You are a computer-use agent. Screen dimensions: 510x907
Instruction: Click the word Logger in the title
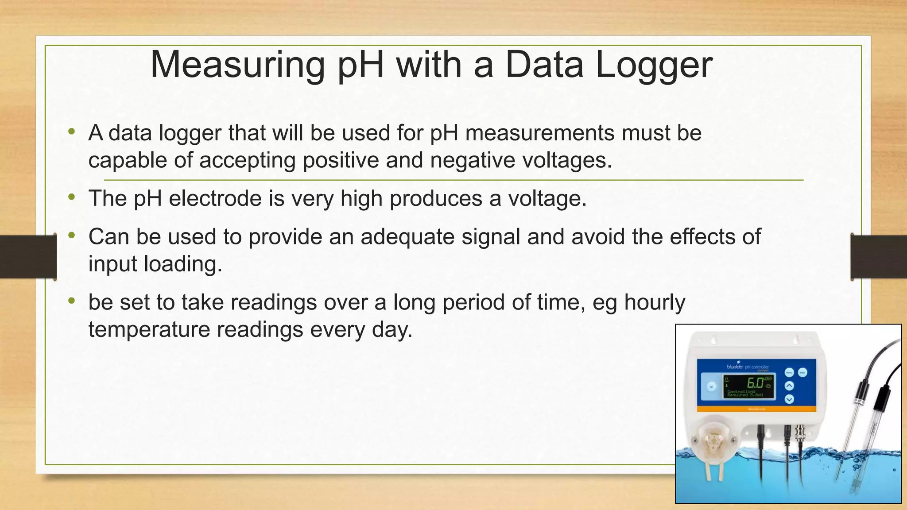[654, 66]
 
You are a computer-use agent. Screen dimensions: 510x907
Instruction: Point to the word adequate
[407, 237]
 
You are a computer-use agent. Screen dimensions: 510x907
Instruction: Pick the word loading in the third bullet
[183, 264]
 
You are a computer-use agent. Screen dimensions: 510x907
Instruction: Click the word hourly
[655, 303]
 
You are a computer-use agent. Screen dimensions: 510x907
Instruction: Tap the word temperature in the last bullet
[149, 329]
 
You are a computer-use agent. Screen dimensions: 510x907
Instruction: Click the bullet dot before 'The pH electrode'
[72, 197]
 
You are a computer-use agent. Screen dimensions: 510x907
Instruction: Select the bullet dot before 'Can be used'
[72, 236]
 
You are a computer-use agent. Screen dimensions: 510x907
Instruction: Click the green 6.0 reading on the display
[755, 382]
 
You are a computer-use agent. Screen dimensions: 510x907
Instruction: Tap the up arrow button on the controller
[789, 386]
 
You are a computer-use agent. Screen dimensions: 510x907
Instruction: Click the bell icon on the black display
[726, 380]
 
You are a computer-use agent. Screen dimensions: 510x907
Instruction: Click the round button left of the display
[711, 387]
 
